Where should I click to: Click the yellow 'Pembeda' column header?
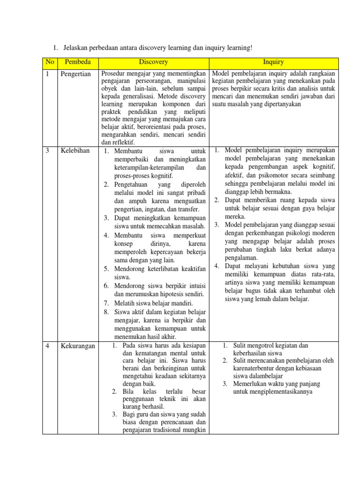point(78,62)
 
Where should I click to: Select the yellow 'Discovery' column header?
point(153,62)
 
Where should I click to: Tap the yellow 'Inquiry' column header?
point(273,62)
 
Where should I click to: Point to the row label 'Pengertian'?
point(75,74)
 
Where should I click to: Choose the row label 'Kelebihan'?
point(75,150)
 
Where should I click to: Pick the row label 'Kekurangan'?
point(78,346)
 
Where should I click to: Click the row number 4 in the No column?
point(47,346)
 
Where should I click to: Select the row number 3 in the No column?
point(47,150)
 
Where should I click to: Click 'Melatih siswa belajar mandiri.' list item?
point(153,303)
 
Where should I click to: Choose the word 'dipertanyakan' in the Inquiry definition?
point(281,104)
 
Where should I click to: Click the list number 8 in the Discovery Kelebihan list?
point(106,312)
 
